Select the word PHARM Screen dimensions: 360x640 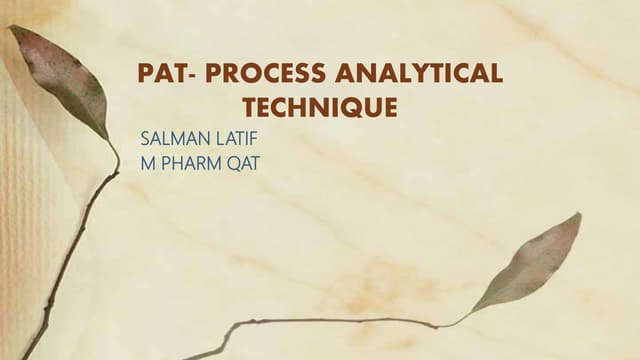pyautogui.click(x=193, y=164)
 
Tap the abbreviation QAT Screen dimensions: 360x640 pyautogui.click(x=242, y=164)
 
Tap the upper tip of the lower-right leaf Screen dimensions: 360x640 pyautogui.click(x=578, y=214)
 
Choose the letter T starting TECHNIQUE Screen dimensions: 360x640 pyautogui.click(x=249, y=107)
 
